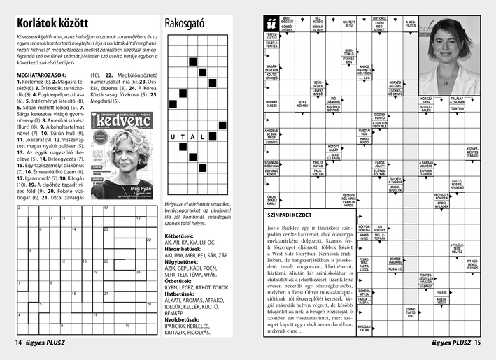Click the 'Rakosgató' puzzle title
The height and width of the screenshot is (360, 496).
point(184,23)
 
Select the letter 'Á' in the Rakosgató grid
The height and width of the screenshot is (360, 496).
point(192,137)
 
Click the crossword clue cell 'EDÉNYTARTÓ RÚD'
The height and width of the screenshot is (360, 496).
point(411,311)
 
